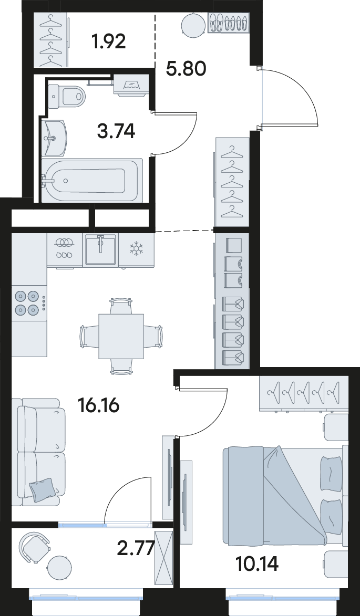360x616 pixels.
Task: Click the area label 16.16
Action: (99, 405)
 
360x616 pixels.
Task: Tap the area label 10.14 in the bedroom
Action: (258, 564)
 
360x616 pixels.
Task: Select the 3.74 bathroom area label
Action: (116, 130)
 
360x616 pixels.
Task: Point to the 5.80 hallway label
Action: (186, 69)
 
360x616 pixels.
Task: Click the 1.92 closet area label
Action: (108, 41)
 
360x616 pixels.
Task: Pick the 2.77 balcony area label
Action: (135, 548)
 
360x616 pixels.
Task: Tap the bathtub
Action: (92, 180)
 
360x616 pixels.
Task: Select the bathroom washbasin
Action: (55, 138)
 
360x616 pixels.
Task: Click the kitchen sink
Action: (100, 249)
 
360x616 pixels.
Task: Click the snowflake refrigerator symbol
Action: (136, 248)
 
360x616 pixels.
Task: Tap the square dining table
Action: (121, 336)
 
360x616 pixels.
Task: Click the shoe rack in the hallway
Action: (228, 23)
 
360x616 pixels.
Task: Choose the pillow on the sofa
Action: (41, 489)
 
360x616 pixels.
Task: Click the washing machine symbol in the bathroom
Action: (131, 85)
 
